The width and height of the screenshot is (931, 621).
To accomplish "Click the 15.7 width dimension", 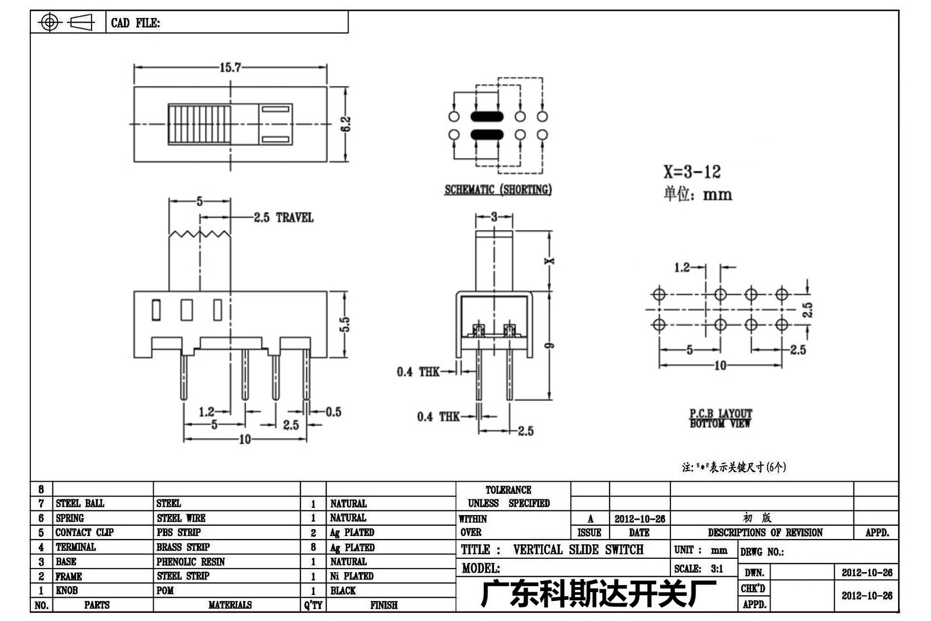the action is click(x=230, y=67).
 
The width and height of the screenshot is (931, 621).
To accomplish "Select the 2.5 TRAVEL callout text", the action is click(x=283, y=218).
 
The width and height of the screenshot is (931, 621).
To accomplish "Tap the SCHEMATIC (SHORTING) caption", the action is click(x=498, y=190).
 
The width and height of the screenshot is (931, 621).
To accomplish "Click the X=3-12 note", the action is click(x=692, y=172).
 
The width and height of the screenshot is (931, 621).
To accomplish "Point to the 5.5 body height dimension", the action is click(x=345, y=324).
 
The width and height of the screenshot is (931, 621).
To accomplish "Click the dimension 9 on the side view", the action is click(x=550, y=345).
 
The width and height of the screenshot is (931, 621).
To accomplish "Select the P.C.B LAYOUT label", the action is click(x=720, y=413).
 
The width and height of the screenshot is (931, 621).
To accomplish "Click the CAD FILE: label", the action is click(x=135, y=23).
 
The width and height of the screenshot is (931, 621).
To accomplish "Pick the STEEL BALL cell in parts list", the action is click(x=80, y=503).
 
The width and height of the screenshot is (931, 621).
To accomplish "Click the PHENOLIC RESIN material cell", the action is click(x=191, y=561).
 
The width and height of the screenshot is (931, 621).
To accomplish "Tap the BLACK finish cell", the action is click(x=343, y=591).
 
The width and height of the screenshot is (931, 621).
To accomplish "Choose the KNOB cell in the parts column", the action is click(x=67, y=591).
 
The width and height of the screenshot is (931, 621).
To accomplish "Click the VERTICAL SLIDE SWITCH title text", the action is click(x=578, y=549).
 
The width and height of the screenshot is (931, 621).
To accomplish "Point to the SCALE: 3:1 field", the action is click(x=699, y=569).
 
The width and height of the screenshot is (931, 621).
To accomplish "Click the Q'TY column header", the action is click(x=313, y=605).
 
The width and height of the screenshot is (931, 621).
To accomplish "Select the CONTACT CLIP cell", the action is click(x=84, y=532).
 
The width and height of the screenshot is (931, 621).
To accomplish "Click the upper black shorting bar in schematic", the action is click(x=487, y=117).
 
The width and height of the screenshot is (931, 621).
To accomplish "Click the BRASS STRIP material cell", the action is click(x=183, y=547).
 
